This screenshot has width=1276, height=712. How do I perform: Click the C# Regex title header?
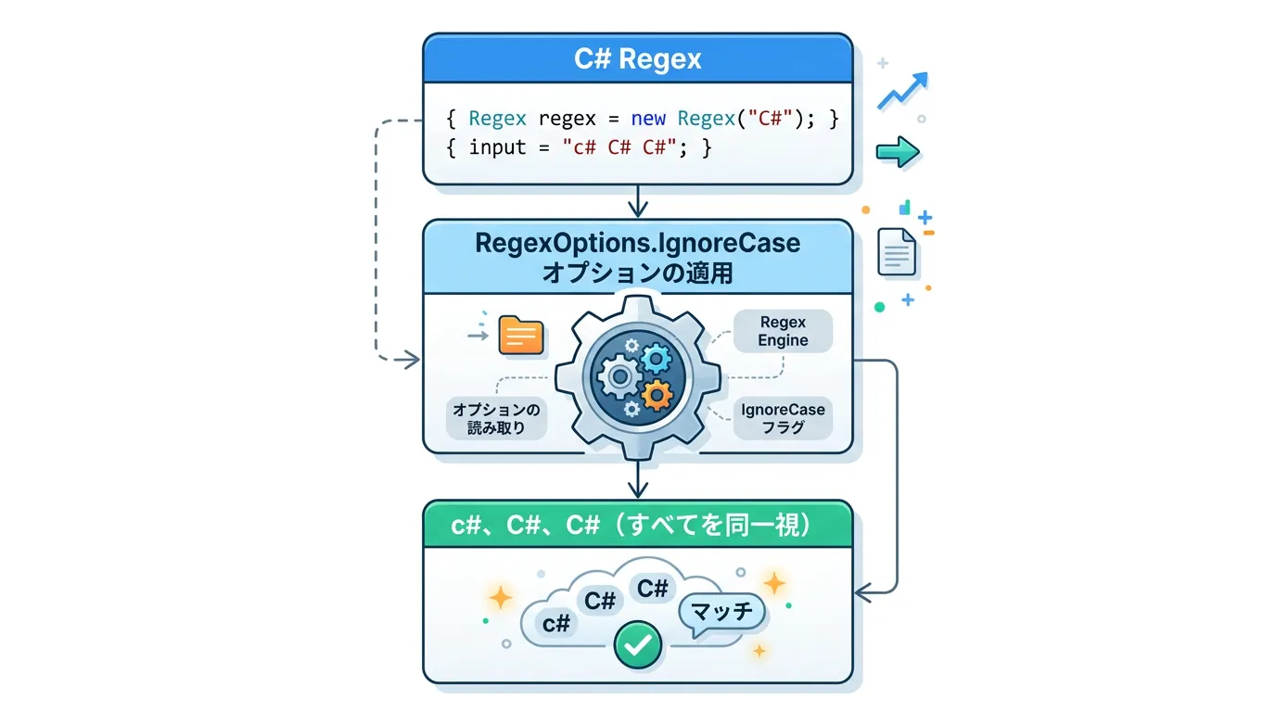[x=637, y=59]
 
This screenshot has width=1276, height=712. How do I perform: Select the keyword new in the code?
[x=649, y=119]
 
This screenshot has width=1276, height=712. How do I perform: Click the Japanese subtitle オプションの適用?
[x=637, y=273]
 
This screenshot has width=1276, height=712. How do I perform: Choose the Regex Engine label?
[x=783, y=331]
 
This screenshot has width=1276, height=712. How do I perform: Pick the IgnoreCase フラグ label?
[x=783, y=419]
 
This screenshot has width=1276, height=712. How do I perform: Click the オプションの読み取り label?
[x=497, y=418]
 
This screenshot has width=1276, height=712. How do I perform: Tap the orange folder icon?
[x=520, y=335]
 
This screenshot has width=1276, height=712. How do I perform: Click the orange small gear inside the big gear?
[x=657, y=394]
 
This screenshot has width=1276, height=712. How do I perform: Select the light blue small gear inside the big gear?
[x=657, y=357]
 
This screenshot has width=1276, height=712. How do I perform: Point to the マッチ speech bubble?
[x=721, y=613]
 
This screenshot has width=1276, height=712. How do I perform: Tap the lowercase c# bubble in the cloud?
[x=556, y=623]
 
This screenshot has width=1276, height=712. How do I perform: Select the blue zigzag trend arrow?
[x=902, y=91]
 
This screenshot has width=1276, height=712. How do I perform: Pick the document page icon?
[x=897, y=251]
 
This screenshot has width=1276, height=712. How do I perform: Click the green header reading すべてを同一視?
[x=637, y=525]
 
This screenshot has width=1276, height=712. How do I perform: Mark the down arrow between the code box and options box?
[x=637, y=201]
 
